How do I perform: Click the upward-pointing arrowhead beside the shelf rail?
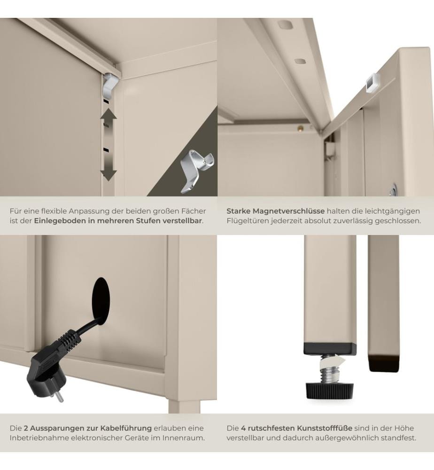pos(108,114)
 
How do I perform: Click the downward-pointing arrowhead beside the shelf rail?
pos(108,174)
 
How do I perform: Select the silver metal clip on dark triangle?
pos(196,170)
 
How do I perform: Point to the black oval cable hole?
pos(101,301)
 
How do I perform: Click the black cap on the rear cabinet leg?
pos(384,363)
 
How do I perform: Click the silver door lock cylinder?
pos(393,190)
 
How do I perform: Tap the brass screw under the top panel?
pos(299,128)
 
